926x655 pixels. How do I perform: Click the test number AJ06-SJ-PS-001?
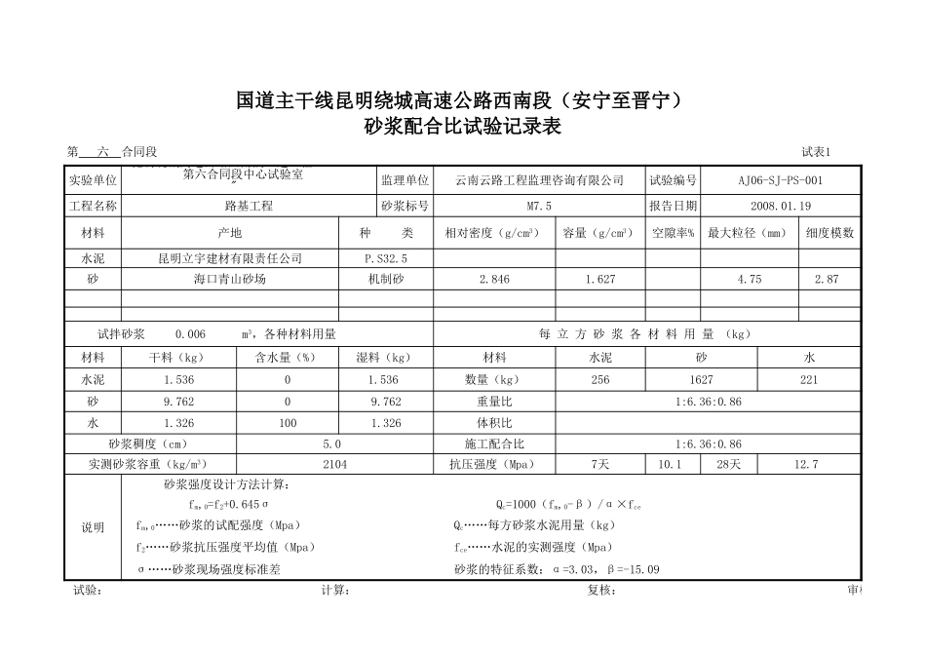[781, 180]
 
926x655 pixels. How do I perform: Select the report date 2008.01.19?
[781, 207]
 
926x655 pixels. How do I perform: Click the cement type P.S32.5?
[386, 259]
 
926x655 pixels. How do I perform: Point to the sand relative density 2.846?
[494, 280]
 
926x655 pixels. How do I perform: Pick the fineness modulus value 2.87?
[826, 280]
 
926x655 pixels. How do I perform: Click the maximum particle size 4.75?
[749, 280]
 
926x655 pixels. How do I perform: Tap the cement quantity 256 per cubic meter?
[600, 380]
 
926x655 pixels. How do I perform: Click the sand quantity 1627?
[701, 380]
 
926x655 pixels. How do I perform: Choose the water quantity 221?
[808, 380]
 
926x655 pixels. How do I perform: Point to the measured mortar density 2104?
[334, 465]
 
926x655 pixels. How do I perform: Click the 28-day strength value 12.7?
[806, 465]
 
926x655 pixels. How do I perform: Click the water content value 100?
[288, 423]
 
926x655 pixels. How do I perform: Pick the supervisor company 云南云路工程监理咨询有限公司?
[539, 180]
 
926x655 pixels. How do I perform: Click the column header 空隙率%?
[673, 233]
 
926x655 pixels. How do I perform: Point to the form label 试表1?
[815, 151]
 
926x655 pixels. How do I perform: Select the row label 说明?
[93, 527]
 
